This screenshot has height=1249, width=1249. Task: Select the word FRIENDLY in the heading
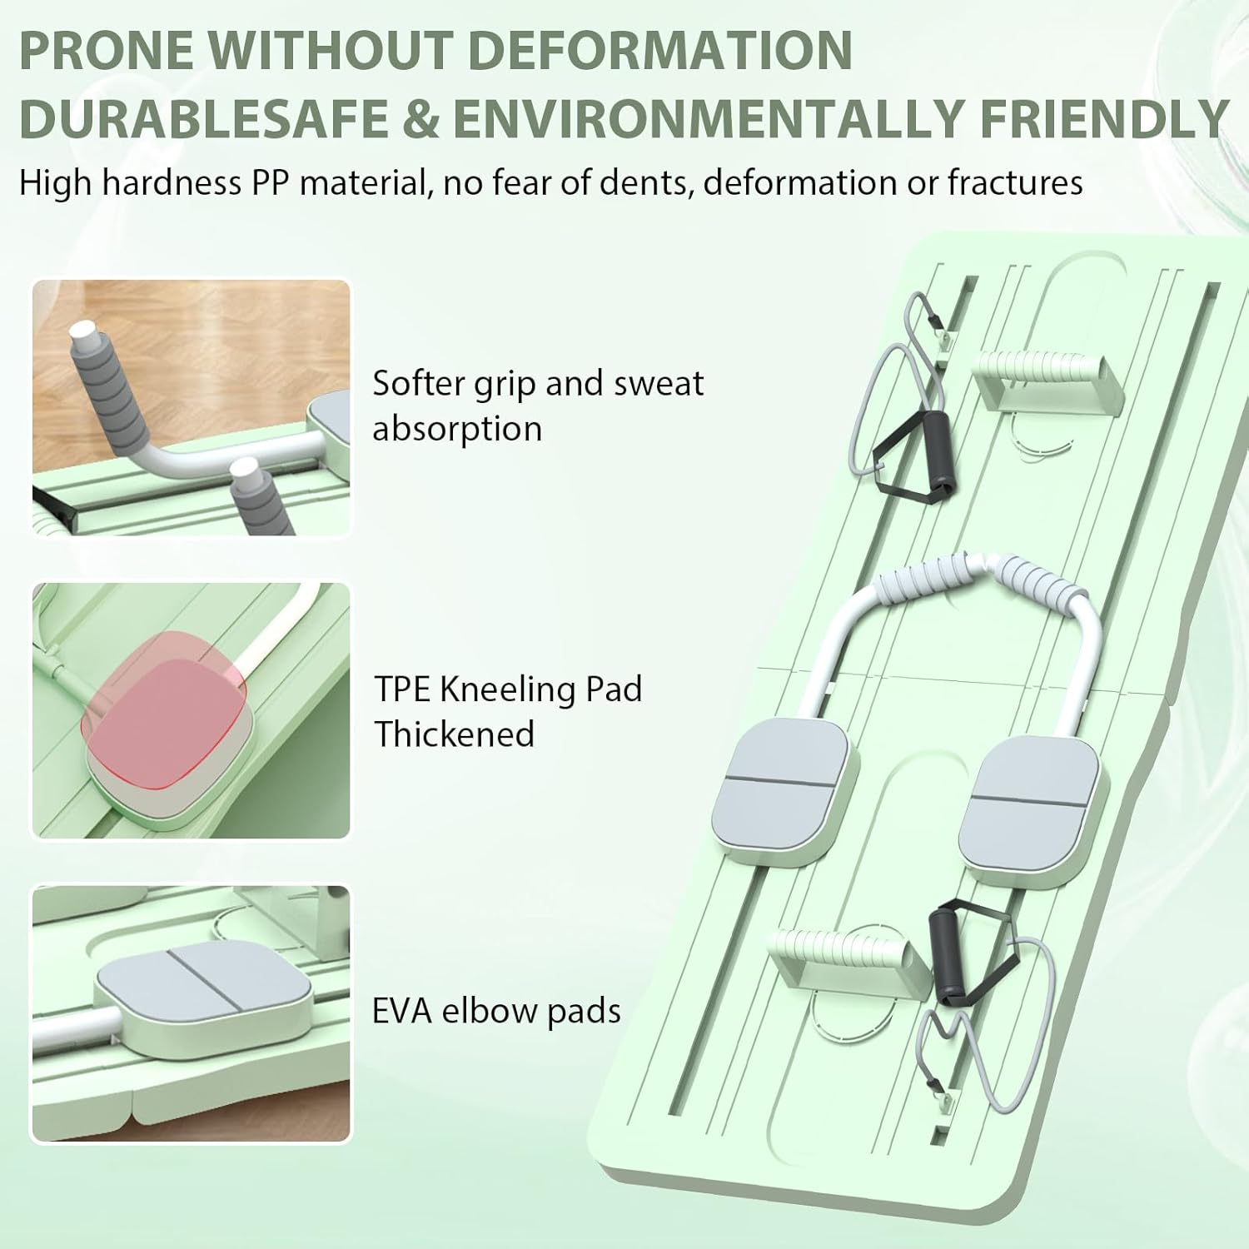click(1103, 119)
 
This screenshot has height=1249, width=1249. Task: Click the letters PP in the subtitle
click(271, 182)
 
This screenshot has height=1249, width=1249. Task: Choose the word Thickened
click(454, 734)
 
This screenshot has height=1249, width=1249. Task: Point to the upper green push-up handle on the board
click(1049, 379)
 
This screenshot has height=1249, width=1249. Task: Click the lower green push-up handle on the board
click(849, 958)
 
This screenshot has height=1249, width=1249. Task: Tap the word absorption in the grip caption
click(457, 429)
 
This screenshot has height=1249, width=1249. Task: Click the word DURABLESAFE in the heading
click(204, 119)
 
